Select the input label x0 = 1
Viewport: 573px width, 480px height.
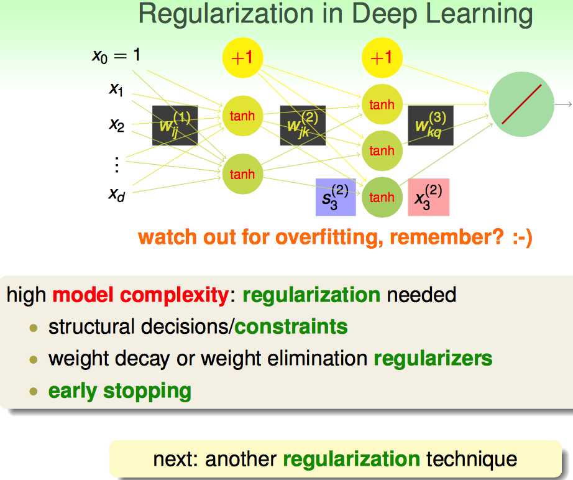coord(116,56)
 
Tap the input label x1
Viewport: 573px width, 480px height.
coord(116,90)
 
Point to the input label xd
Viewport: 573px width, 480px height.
coord(116,194)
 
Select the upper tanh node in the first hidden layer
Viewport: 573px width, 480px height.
coord(242,116)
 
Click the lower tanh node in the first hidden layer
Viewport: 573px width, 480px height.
coord(242,174)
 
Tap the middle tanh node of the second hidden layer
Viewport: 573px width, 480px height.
coord(382,150)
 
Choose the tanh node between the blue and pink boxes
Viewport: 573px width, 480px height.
coord(382,197)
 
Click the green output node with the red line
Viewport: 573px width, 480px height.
coord(521,104)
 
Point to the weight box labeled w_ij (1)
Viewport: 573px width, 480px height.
coord(175,125)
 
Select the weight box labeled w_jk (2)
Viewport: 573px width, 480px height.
coord(303,125)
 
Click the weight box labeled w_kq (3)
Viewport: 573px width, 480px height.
coord(430,125)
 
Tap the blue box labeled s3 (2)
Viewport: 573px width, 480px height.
coord(336,197)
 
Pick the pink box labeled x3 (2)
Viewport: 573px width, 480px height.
coord(428,197)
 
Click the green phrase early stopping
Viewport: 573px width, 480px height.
coord(119,391)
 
